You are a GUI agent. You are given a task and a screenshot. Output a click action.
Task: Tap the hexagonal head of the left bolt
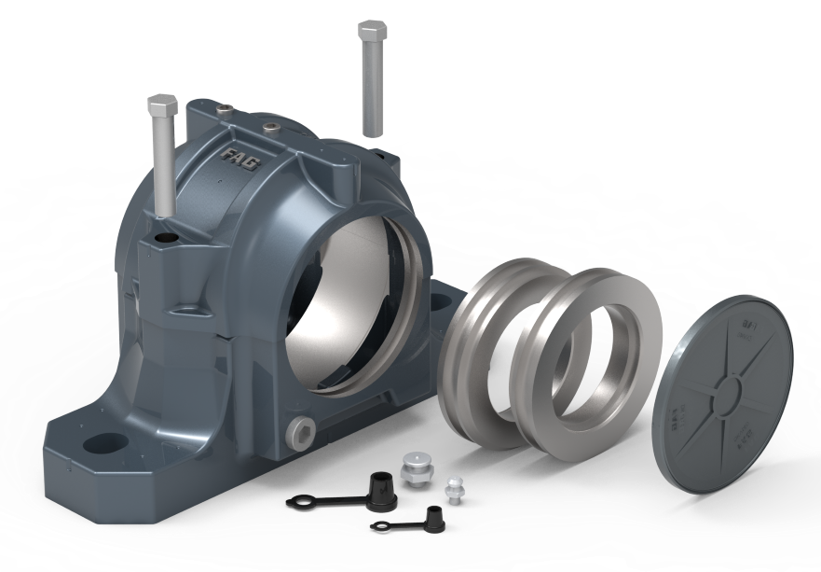coord(162,105)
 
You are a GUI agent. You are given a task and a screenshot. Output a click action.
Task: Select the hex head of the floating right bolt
coord(372,31)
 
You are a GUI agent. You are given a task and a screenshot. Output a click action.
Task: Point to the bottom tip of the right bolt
coord(373,133)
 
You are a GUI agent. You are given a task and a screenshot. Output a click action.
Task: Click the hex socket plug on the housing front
coord(301,428)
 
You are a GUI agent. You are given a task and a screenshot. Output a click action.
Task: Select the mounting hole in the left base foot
coord(105,439)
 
